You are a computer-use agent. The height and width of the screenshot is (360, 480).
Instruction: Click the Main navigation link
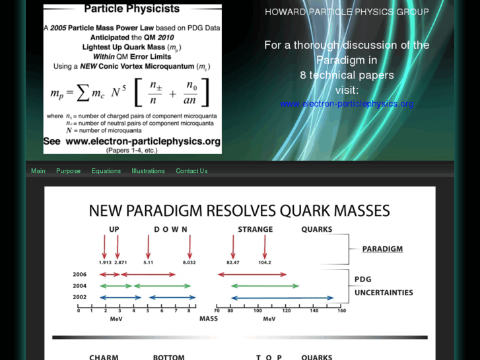point(38,171)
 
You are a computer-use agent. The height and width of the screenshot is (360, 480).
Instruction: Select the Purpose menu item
point(68,171)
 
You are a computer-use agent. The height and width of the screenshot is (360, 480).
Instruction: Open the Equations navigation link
point(106,171)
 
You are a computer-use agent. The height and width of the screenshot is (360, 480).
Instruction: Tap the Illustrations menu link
point(148,171)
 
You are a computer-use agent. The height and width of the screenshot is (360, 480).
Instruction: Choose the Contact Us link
point(191,171)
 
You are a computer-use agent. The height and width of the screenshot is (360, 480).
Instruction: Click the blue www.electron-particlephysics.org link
point(347,104)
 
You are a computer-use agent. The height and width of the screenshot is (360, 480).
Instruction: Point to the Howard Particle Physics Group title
point(347,12)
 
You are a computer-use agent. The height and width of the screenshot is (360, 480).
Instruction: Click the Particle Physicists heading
point(132,9)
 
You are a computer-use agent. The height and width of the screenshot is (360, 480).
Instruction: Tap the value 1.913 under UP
point(104,262)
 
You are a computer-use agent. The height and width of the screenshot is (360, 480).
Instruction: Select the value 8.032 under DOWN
point(189,262)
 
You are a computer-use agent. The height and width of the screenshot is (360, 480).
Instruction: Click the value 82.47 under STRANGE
point(232,262)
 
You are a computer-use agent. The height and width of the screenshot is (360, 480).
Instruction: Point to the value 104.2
point(264,262)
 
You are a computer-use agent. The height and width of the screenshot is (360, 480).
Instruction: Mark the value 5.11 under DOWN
point(148,262)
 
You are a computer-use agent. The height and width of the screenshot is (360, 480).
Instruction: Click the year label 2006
point(79,274)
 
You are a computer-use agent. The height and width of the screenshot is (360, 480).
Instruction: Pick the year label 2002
point(79,297)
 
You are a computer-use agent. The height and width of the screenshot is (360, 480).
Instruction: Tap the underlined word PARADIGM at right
point(382,249)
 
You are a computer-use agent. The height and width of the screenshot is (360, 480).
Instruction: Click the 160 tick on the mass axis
point(341,310)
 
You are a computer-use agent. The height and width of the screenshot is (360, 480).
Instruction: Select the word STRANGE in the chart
point(256,230)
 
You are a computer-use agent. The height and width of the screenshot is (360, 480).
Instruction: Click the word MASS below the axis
point(208,318)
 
